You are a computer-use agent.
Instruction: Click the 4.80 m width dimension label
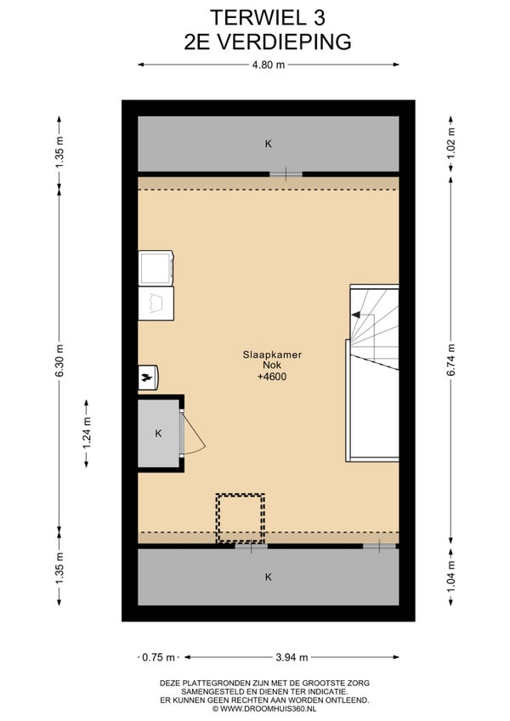268,65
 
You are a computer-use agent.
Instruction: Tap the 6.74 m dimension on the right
450,360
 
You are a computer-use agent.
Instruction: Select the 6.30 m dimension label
59,360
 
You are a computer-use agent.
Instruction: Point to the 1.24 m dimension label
87,433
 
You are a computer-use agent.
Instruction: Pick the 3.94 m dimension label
292,657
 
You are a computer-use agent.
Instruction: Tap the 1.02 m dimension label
450,143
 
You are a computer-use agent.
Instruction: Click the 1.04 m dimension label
450,576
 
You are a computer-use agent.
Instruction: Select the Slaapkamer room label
272,355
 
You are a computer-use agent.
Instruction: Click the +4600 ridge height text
272,377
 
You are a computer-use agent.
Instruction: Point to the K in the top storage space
268,144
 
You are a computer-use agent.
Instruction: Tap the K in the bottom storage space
268,577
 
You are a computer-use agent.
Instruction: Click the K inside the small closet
159,433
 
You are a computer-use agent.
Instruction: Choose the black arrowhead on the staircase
355,315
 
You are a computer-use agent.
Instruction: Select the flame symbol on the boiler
147,378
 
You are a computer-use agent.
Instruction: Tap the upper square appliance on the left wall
156,268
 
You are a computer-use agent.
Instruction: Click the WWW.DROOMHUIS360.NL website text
268,708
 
